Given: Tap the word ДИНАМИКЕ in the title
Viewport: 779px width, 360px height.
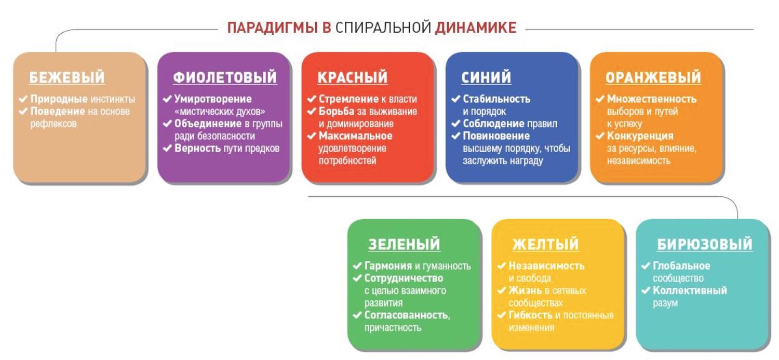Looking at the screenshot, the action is coord(475,28).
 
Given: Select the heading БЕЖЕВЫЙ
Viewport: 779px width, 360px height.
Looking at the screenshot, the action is coord(67,77).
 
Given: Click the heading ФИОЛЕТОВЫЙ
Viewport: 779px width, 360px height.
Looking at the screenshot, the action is coord(225,77).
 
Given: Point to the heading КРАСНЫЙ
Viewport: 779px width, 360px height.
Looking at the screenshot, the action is coord(352,77).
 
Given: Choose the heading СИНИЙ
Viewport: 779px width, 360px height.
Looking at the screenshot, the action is coord(486,77).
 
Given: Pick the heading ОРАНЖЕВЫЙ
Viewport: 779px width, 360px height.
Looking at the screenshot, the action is coord(653,77).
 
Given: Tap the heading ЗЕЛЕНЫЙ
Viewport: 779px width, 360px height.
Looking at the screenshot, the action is coord(404,244).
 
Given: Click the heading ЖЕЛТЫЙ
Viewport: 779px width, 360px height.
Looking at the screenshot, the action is coord(546,244).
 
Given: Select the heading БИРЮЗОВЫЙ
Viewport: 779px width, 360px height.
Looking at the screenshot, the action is coord(705,244).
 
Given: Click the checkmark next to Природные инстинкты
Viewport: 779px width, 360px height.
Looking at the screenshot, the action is coord(23,99).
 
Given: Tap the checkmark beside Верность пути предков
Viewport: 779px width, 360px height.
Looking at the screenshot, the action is coord(167,149).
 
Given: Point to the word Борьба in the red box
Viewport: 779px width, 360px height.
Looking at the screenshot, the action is coord(337,112).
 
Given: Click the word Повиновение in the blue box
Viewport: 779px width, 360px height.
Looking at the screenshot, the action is coord(496,136).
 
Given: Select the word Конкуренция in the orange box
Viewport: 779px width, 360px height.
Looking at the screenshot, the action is coord(640,136).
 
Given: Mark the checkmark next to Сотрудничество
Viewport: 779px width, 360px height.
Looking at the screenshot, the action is coord(357,278).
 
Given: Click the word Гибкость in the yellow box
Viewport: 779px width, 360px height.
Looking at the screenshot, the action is coord(530,315).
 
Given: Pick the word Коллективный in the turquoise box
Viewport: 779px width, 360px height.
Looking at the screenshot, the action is coord(690,290).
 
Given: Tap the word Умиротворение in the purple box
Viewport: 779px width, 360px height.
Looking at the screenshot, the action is coord(213,99).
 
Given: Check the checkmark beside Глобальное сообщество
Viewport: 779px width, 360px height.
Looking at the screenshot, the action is coord(646,266).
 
